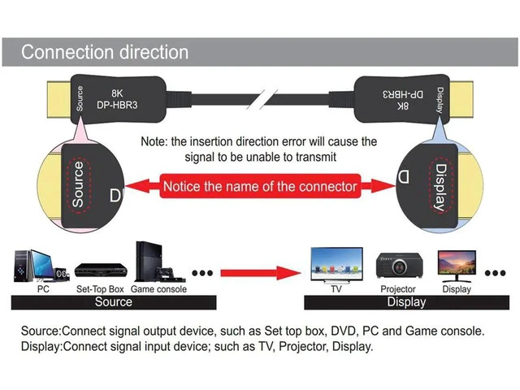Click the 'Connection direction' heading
pyautogui.click(x=105, y=52)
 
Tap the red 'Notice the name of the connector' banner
pyautogui.click(x=260, y=186)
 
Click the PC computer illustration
pyautogui.click(x=41, y=266)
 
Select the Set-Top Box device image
pyautogui.click(x=101, y=270)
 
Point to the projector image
pyautogui.click(x=399, y=266)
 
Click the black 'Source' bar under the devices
pyautogui.click(x=114, y=302)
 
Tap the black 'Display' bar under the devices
pyautogui.click(x=406, y=302)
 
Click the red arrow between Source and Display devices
pyautogui.click(x=261, y=273)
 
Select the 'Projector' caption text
pyautogui.click(x=398, y=289)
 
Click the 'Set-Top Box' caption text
pyautogui.click(x=100, y=289)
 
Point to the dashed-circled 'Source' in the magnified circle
pyautogui.click(x=79, y=184)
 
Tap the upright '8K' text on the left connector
pyautogui.click(x=117, y=93)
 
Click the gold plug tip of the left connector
pyautogui.click(x=59, y=99)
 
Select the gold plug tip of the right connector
pyautogui.click(x=461, y=99)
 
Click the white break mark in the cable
pyautogui.click(x=262, y=99)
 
